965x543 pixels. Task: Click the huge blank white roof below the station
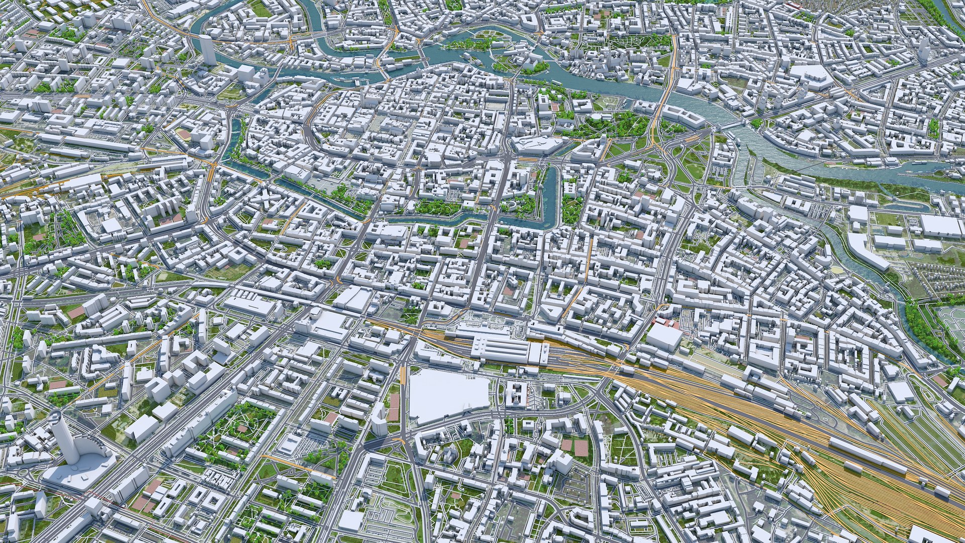pyautogui.click(x=447, y=395)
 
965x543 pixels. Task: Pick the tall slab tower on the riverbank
pyautogui.click(x=207, y=49)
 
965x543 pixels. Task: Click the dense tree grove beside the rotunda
pyautogui.click(x=628, y=123)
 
